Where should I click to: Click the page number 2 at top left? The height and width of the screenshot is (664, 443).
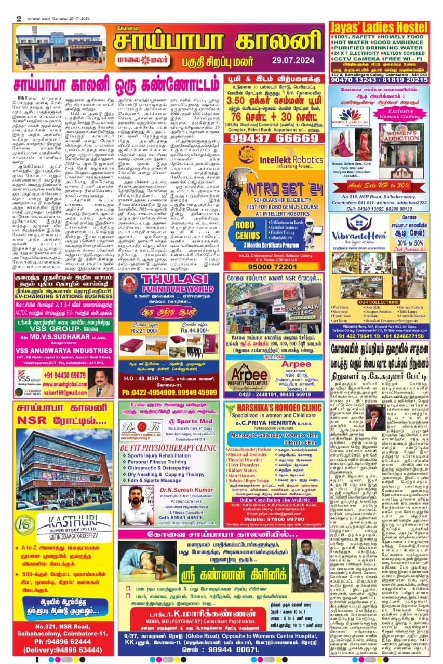pos(19,18)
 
